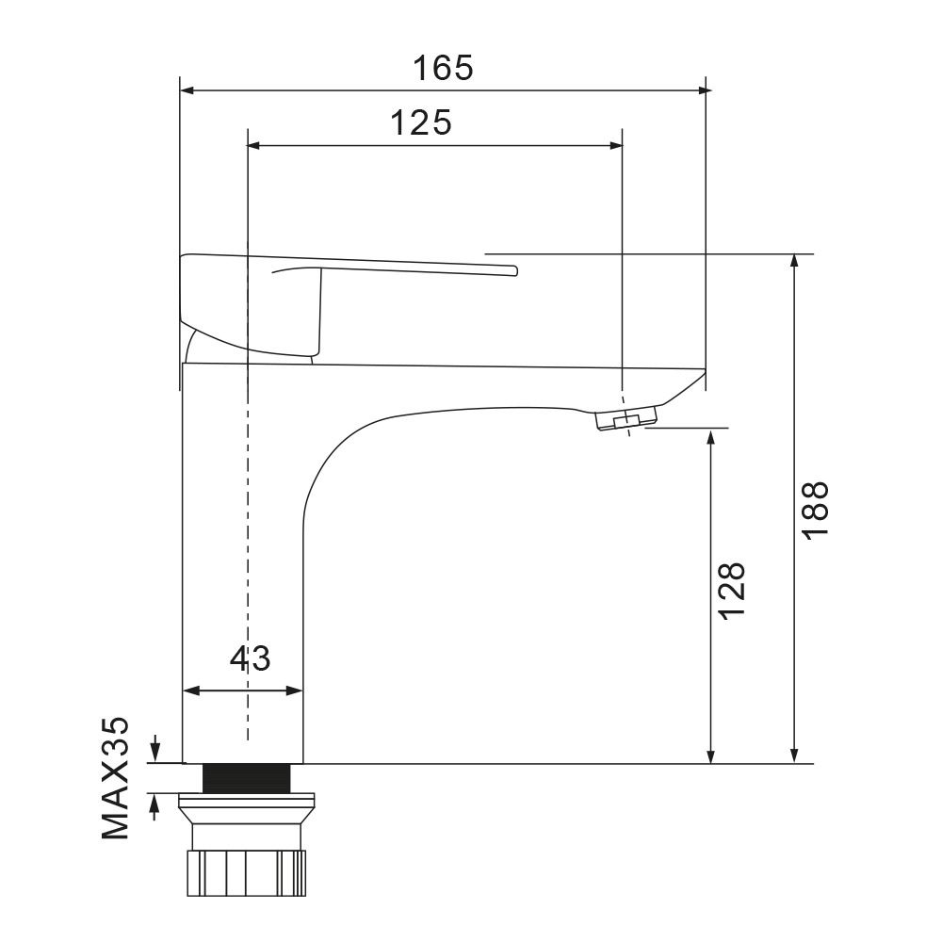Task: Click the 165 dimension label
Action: (x=443, y=68)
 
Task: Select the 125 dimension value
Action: (x=420, y=122)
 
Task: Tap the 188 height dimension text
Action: (x=815, y=510)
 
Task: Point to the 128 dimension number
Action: (x=732, y=591)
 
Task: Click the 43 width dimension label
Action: (x=250, y=658)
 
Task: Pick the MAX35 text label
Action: (x=115, y=778)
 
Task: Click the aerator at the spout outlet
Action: (x=626, y=421)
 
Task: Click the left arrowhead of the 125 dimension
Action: (x=252, y=145)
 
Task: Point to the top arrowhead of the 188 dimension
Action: (x=797, y=261)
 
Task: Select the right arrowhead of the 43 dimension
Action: (x=297, y=690)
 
